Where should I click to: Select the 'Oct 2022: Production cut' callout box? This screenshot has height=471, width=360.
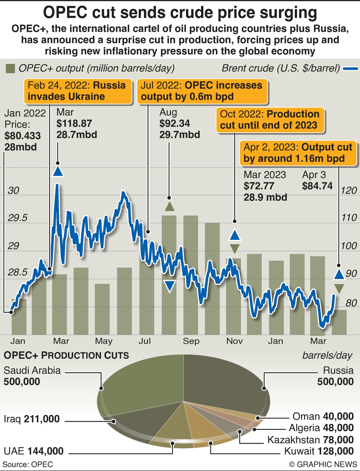[x=270, y=120]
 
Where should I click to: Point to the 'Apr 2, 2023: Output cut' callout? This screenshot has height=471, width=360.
[x=298, y=153]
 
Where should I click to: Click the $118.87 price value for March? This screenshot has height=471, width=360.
[x=74, y=123]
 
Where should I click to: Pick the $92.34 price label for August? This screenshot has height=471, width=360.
[x=175, y=123]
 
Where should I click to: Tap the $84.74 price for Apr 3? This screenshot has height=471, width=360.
[x=317, y=186]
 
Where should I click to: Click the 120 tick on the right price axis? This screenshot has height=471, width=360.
[x=349, y=190]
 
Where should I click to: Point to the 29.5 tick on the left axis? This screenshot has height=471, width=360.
[x=18, y=218]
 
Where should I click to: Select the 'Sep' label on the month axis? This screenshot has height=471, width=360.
[x=191, y=341]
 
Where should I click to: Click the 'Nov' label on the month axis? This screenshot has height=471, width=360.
[x=234, y=341]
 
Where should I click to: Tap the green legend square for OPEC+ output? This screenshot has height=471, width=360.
[x=10, y=69]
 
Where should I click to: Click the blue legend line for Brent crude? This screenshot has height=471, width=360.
[x=350, y=69]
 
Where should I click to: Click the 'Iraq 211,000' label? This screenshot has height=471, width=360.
[x=32, y=419]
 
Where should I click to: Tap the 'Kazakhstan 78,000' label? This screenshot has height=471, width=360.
[x=310, y=440]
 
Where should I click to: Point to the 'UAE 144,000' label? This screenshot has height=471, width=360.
[x=34, y=451]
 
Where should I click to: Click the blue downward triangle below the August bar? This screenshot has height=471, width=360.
[x=170, y=286]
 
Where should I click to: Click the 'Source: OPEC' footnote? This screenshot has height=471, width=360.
[x=28, y=464]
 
